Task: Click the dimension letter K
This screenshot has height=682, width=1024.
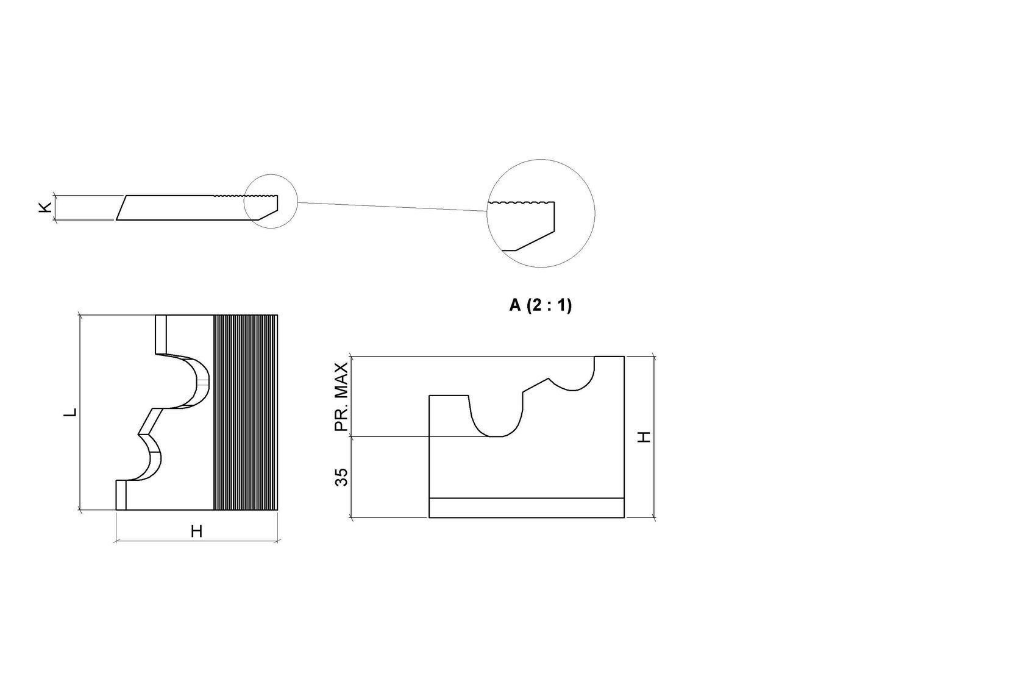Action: click(x=45, y=207)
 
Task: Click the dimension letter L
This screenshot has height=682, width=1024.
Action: click(x=70, y=412)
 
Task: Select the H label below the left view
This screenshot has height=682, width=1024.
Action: click(x=196, y=531)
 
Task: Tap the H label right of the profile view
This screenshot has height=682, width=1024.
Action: click(x=644, y=437)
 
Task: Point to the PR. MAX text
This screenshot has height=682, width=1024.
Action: click(x=341, y=397)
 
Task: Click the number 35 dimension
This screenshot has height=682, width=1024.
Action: click(x=341, y=477)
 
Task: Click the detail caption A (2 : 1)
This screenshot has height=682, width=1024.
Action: click(x=540, y=305)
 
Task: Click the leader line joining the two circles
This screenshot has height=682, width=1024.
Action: click(x=393, y=207)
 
